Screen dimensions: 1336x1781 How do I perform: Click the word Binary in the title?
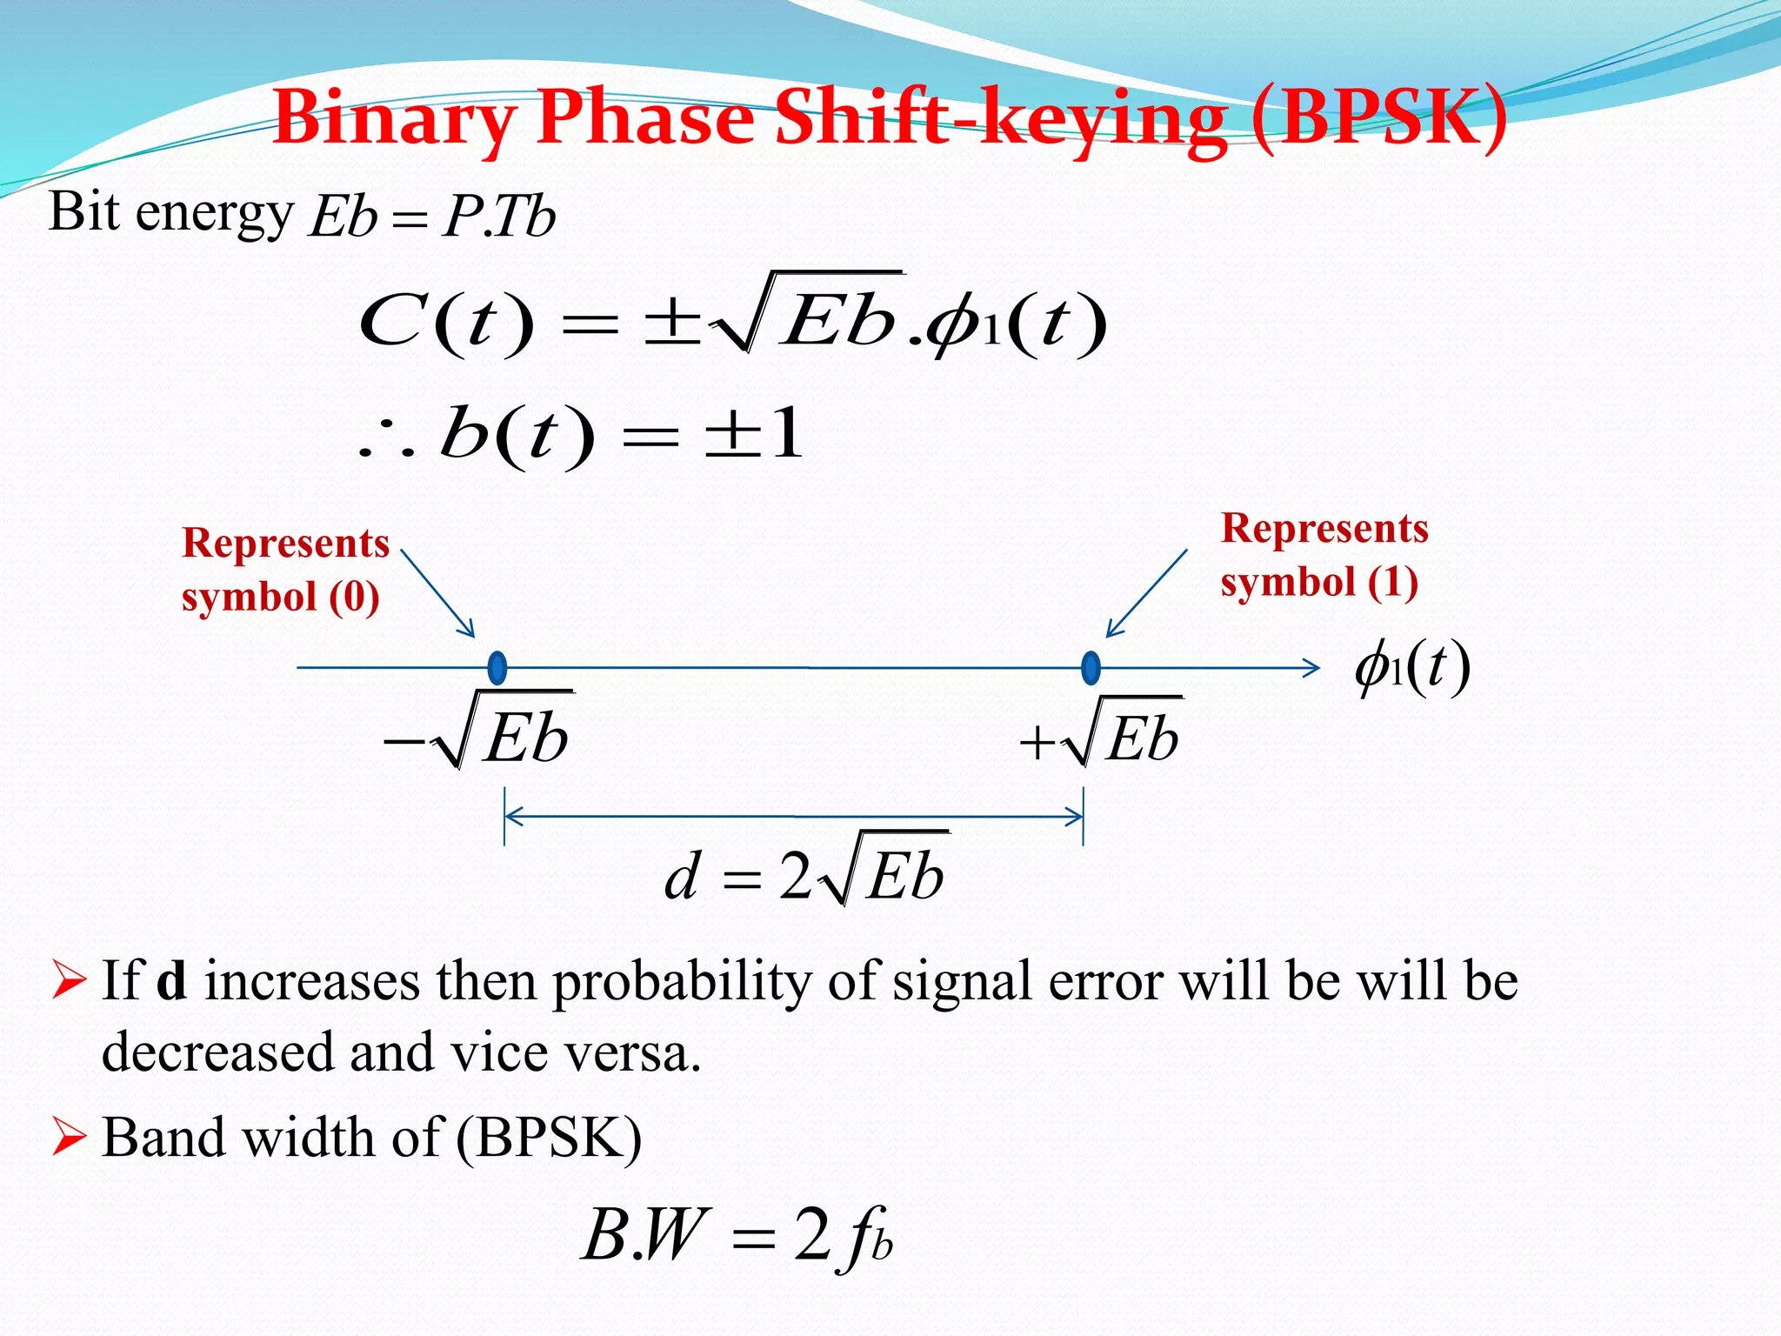tap(396, 120)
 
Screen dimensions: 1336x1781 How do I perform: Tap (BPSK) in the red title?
tap(1380, 120)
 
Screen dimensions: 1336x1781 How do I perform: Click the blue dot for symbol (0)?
tap(497, 668)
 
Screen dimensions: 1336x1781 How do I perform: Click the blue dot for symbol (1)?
tap(1091, 668)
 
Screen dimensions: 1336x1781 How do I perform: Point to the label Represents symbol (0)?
tap(285, 570)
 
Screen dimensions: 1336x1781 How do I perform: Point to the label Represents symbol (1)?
tap(1324, 555)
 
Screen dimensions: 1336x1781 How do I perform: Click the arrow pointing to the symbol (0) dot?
tap(438, 593)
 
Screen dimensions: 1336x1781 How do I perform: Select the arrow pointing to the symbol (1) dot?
tap(1146, 593)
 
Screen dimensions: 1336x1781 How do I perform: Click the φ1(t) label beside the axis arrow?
tap(1412, 668)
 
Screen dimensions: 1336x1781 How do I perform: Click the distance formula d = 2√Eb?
tap(805, 874)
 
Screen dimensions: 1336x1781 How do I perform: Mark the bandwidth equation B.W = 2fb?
tap(737, 1235)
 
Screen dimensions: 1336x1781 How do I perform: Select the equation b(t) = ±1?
tap(581, 435)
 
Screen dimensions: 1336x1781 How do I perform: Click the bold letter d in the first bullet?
tap(171, 981)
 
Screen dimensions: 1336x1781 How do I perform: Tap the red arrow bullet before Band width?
tap(69, 1138)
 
